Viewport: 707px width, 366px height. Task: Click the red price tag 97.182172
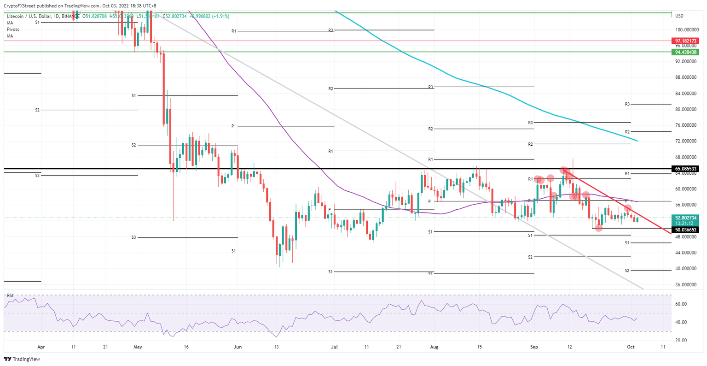click(686, 41)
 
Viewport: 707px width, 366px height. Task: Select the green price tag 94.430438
click(686, 52)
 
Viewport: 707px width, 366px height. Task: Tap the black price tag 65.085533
click(686, 169)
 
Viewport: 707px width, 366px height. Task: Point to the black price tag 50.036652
click(686, 230)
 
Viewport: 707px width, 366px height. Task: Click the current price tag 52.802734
click(686, 218)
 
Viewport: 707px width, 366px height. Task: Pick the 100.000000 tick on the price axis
click(685, 30)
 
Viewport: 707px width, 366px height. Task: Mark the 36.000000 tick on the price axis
click(685, 284)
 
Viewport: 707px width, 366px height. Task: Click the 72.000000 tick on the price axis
click(685, 141)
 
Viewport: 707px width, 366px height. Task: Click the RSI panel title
click(10, 295)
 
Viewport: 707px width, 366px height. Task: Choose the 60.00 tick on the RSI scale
click(681, 304)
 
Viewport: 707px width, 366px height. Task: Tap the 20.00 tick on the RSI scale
click(681, 340)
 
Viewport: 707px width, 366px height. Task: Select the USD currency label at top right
click(679, 16)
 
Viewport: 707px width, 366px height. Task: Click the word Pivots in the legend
click(13, 29)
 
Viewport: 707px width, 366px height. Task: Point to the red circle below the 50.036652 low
click(598, 228)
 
